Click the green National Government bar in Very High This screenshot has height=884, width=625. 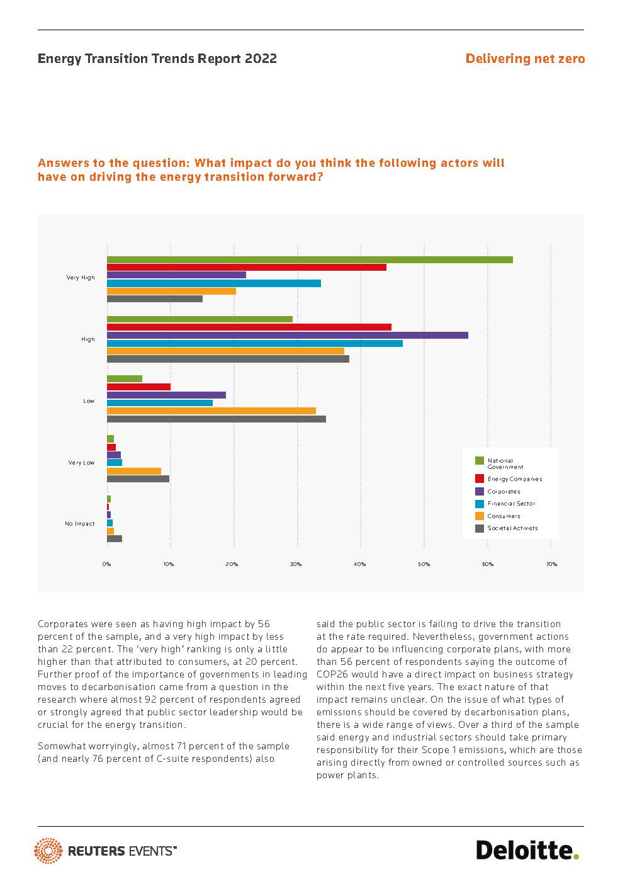point(310,259)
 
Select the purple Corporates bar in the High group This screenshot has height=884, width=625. point(288,335)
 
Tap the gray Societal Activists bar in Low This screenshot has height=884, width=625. point(217,419)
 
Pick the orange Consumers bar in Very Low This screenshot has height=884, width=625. point(134,471)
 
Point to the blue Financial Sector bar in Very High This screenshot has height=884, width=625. point(214,283)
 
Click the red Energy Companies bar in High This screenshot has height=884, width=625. point(249,327)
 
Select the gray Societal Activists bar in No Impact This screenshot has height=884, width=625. point(115,539)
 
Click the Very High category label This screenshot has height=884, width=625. point(81,278)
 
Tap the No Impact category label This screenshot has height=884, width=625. point(80,524)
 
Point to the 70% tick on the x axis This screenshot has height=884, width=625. point(551,564)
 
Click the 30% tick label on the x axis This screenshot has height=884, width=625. point(296,564)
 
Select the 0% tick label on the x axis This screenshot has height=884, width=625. point(107,564)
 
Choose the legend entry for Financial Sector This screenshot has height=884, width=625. point(511,504)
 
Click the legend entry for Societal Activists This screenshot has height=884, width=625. point(512,528)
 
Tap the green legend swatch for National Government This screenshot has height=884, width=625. point(480,461)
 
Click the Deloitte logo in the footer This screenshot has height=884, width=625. point(527,850)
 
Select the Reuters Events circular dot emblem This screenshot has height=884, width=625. point(48,851)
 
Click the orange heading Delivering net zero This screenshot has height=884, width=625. point(525,59)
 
